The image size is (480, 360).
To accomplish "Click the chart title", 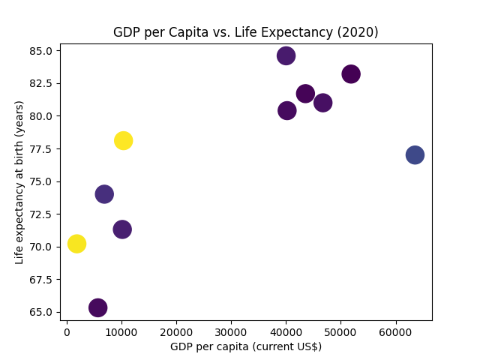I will [x=245, y=32].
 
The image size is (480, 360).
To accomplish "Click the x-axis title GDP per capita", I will [x=245, y=346].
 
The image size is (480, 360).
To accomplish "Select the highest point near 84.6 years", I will [x=286, y=55].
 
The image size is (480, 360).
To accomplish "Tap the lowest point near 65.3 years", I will [x=98, y=307].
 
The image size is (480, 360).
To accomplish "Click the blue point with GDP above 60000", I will [x=415, y=154].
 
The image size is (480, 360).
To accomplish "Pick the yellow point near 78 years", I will [x=123, y=140].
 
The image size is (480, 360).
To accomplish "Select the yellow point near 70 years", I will [x=76, y=244].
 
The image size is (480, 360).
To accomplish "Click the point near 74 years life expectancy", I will [x=104, y=194].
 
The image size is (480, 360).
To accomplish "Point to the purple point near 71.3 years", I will [x=122, y=229].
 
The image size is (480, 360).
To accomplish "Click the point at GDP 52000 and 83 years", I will [x=351, y=74].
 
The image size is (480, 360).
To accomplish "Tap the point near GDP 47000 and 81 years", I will [x=323, y=103].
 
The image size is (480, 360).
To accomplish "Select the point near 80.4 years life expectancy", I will [x=287, y=110].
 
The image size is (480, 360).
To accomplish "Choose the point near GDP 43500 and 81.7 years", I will [x=305, y=94].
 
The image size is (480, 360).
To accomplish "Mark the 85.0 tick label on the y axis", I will [x=41, y=51].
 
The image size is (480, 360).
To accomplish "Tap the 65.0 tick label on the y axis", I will [x=41, y=312].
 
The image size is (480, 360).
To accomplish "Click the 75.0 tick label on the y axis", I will [x=41, y=181].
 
